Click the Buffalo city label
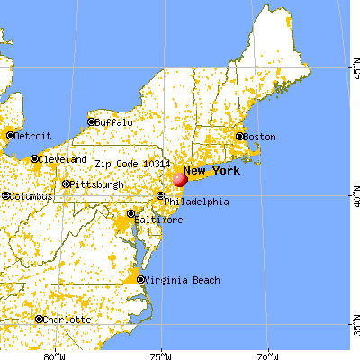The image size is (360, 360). click(115, 122)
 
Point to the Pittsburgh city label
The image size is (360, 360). click(99, 184)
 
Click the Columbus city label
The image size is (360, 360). click(31, 195)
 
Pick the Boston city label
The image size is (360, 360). click(260, 137)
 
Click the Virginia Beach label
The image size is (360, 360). click(177, 279)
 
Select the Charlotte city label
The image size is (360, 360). click(68, 319)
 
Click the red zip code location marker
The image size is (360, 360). click(180, 179)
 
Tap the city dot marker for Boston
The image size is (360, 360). click(239, 137)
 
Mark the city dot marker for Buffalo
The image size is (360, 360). click(91, 121)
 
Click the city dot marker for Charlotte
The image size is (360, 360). click(40, 319)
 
